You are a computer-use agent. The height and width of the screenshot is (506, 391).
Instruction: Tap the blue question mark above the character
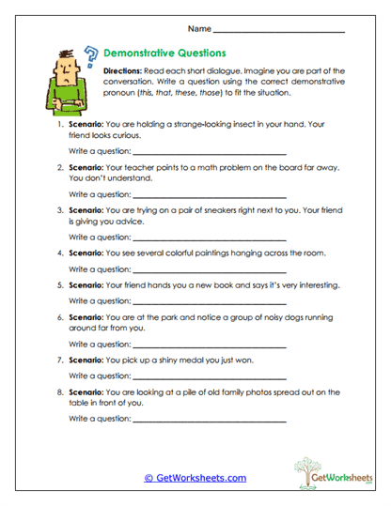click(90, 54)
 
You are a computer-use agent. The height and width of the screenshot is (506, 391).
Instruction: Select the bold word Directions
click(125, 71)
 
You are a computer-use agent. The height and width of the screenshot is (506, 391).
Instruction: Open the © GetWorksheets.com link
click(195, 478)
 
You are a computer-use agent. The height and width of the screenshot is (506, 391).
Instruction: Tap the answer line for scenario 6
click(210, 348)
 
